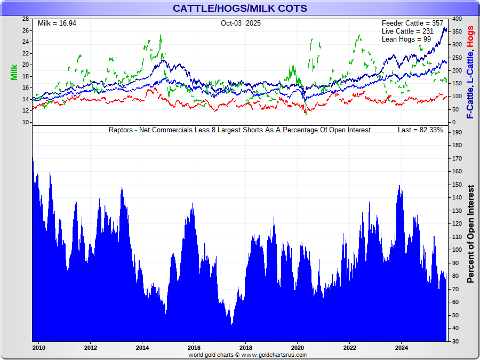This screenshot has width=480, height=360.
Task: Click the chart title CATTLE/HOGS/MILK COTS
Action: [x=239, y=8]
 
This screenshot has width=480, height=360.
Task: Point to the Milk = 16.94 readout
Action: [x=57, y=23]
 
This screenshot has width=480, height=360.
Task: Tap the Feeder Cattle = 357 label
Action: [x=412, y=23]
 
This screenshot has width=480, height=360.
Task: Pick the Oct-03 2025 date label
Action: [x=241, y=23]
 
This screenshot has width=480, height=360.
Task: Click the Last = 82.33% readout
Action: [x=420, y=130]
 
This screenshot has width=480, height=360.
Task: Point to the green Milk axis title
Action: [x=14, y=73]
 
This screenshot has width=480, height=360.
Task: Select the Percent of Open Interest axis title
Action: [x=470, y=234]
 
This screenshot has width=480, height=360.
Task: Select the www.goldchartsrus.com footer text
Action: [x=274, y=355]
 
